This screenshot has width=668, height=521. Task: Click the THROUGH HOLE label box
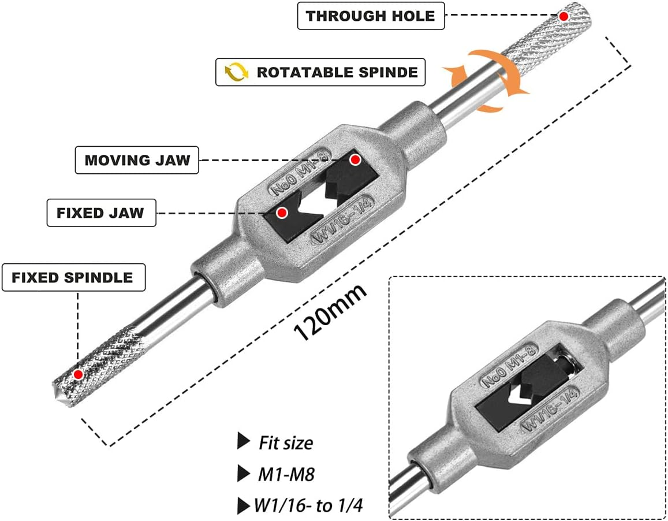click(x=371, y=16)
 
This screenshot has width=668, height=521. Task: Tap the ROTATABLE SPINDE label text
click(x=337, y=72)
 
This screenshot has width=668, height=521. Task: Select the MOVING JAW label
click(x=137, y=160)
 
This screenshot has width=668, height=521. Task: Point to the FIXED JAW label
click(x=100, y=213)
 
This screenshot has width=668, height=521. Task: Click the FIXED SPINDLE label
click(x=72, y=278)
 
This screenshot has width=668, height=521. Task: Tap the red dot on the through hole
click(x=563, y=16)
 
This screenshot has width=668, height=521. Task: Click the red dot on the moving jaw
click(x=356, y=159)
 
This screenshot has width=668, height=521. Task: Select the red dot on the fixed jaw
click(x=282, y=213)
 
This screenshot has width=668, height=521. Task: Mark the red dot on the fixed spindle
click(x=78, y=374)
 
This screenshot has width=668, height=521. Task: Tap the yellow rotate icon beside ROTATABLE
click(x=236, y=72)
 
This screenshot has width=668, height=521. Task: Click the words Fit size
click(x=285, y=443)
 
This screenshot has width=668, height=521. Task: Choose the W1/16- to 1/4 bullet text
click(x=309, y=505)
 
